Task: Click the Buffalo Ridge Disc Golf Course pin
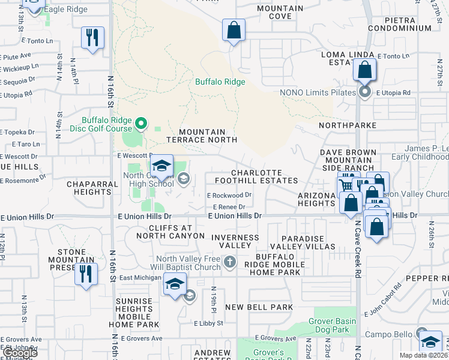pyautogui.click(x=141, y=125)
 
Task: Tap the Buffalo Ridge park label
pyautogui.click(x=217, y=82)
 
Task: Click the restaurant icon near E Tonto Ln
pyautogui.click(x=92, y=38)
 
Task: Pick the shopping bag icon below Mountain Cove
pyautogui.click(x=234, y=29)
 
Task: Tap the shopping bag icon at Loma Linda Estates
pyautogui.click(x=364, y=70)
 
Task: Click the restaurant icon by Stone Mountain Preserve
pyautogui.click(x=86, y=274)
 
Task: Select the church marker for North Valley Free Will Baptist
pyautogui.click(x=229, y=262)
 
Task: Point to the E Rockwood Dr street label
pyautogui.click(x=229, y=196)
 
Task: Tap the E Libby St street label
pyautogui.click(x=208, y=323)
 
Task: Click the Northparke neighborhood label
pyautogui.click(x=348, y=125)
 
